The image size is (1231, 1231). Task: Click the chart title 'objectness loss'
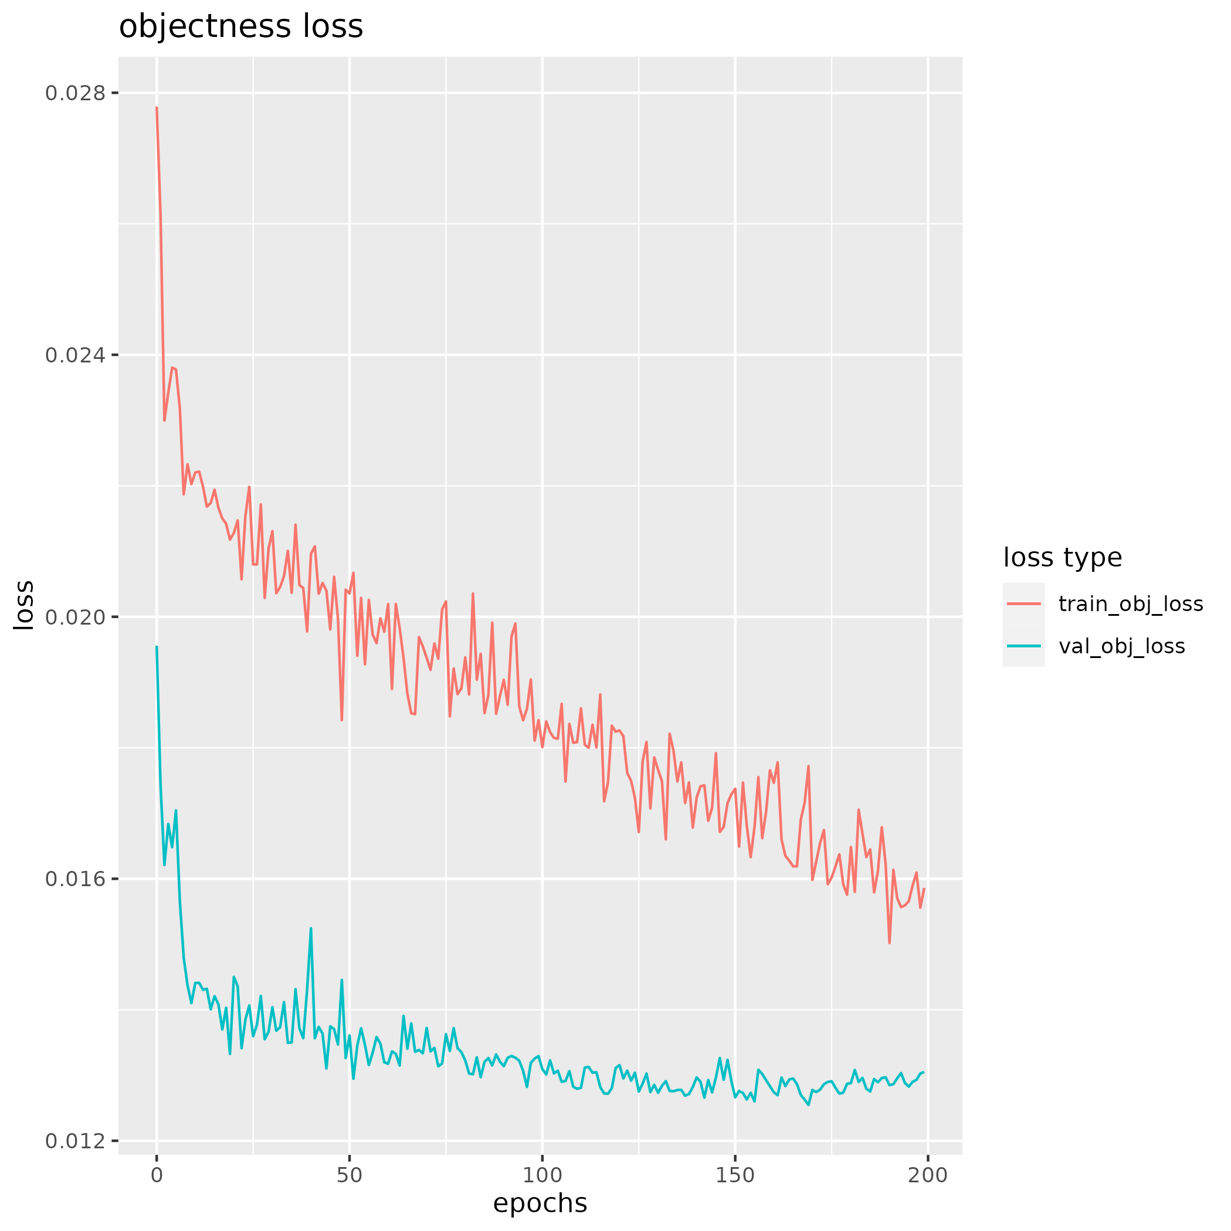(x=241, y=28)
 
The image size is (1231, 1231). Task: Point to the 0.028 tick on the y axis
(x=75, y=93)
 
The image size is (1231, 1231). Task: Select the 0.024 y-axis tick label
(x=75, y=355)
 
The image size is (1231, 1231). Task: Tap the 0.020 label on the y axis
(x=75, y=617)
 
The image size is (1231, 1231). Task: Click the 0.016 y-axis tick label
(x=75, y=879)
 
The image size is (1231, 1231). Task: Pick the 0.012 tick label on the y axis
(x=75, y=1141)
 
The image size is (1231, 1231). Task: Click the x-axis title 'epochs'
(x=540, y=1203)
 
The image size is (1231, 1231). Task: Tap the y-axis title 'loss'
(x=24, y=605)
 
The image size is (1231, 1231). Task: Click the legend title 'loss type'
(x=1063, y=558)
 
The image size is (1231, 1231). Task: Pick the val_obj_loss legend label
(x=1122, y=647)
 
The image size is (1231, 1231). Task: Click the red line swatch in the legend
(x=1024, y=603)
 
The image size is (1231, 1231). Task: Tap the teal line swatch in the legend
(x=1024, y=646)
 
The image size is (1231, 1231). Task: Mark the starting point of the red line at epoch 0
(x=157, y=108)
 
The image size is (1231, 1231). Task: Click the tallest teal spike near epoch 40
(x=311, y=928)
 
